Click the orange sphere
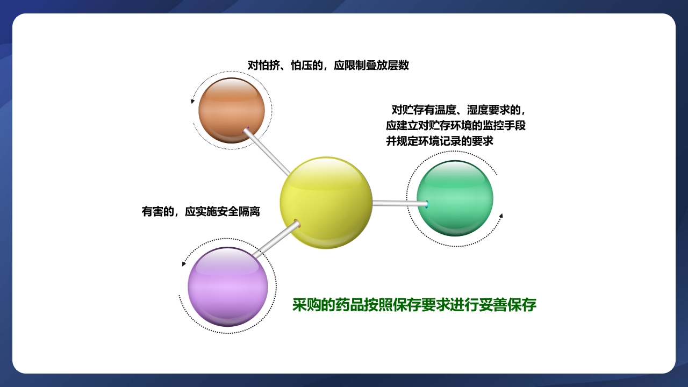coord(231,110)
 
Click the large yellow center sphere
coord(326,203)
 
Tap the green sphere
coord(455,198)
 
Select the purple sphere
coord(227,286)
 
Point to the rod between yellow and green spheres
coord(398,203)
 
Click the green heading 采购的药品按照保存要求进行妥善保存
coord(414,305)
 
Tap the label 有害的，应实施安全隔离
coord(200,211)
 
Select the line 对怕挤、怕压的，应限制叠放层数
coord(328,65)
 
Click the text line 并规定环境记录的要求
coord(439,141)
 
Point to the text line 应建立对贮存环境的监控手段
coord(455,126)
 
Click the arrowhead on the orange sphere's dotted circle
coord(192,101)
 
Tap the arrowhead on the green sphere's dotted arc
coord(501,216)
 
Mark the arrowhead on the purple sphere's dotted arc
coord(184,263)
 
